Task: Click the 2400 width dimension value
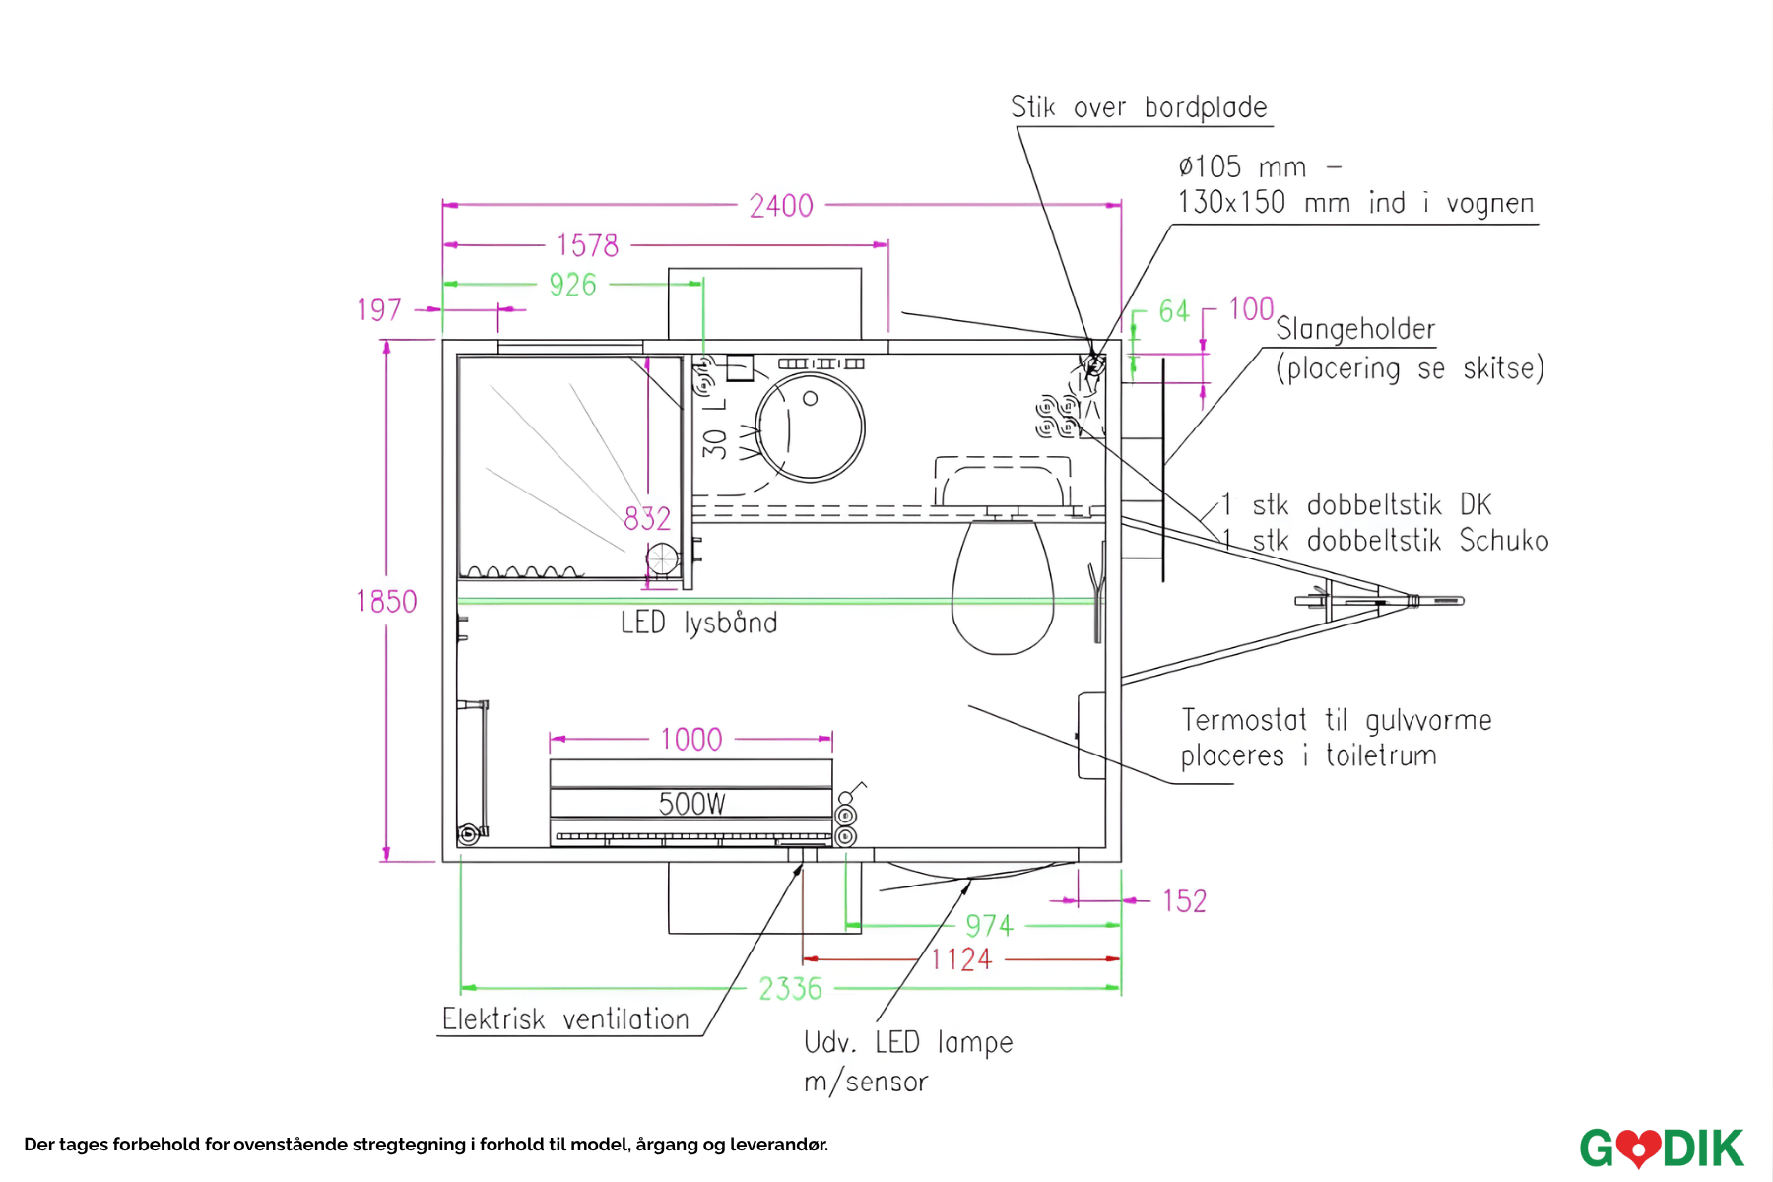(x=781, y=206)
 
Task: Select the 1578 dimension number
(x=587, y=245)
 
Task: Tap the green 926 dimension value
(x=572, y=285)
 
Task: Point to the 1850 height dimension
(x=386, y=601)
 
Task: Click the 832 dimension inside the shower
(x=647, y=518)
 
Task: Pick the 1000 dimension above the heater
(x=690, y=739)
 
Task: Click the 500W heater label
(x=691, y=804)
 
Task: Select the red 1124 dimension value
(x=961, y=959)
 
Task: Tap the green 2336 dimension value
(x=790, y=988)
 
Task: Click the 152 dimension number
(x=1184, y=901)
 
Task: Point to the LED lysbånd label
(x=698, y=623)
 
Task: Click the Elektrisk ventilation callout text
(x=565, y=1018)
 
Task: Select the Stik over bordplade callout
(x=1139, y=107)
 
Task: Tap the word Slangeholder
(x=1355, y=329)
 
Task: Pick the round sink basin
(x=811, y=427)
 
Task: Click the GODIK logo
(x=1662, y=1148)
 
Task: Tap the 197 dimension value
(x=379, y=310)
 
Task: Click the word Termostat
(x=1244, y=720)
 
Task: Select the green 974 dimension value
(x=989, y=926)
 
